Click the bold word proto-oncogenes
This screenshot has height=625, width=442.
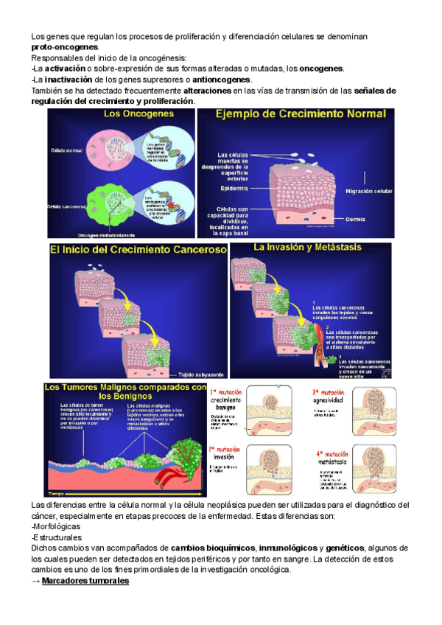(x=64, y=46)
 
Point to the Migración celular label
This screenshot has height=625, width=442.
(x=368, y=190)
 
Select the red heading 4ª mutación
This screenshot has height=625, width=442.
(x=330, y=454)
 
